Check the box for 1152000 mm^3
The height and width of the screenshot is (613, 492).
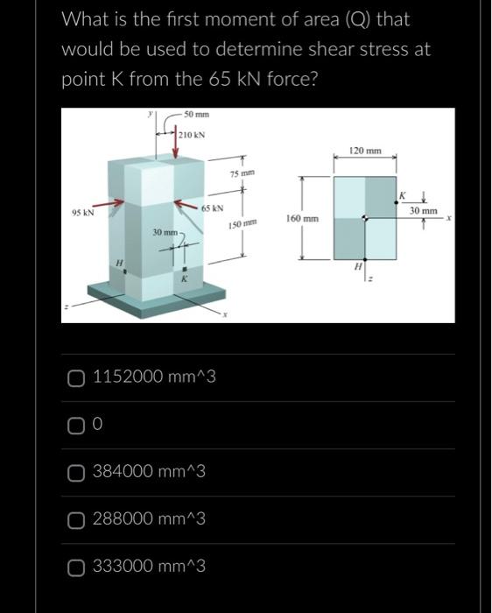click(x=77, y=377)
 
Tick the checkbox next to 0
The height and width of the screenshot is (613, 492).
click(x=77, y=425)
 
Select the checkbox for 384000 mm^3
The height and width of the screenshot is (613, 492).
click(x=77, y=472)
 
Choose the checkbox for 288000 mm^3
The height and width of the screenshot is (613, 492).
click(x=77, y=519)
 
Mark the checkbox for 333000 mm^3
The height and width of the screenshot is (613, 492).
click(x=77, y=567)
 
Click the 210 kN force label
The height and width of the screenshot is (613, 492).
click(x=192, y=136)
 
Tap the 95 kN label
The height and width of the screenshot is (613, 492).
click(x=84, y=211)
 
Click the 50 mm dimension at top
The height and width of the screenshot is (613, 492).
click(x=198, y=115)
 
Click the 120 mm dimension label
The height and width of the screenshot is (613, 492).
click(x=365, y=151)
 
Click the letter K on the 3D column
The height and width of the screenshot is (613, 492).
click(x=183, y=278)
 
